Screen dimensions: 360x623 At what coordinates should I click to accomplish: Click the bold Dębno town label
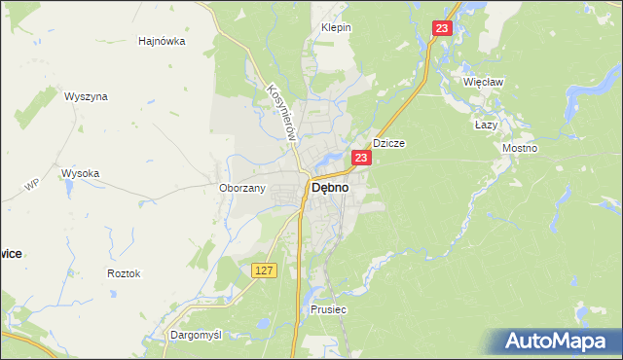pos(330,189)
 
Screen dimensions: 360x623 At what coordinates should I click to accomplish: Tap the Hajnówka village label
pos(162,42)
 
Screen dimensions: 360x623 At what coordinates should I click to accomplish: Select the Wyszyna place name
pos(86,97)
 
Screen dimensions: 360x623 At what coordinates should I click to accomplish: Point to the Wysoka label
pos(80,173)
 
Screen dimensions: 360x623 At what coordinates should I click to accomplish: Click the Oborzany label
pos(242,188)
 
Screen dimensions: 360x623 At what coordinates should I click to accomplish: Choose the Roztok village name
pos(124,273)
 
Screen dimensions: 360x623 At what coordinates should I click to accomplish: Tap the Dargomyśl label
pos(196,335)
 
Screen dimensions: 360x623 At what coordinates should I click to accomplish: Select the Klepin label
pos(336,28)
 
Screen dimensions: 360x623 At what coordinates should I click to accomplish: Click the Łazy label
pos(486,126)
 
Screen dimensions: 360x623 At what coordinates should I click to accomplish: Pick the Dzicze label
pos(388,143)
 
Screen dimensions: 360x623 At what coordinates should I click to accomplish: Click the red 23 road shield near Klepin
pos(443,30)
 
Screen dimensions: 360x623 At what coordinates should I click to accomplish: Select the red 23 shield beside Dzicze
pos(361,158)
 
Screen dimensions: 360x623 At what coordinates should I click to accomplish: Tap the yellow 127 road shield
pos(264,270)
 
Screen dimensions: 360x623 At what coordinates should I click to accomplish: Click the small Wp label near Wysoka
pos(31,184)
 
